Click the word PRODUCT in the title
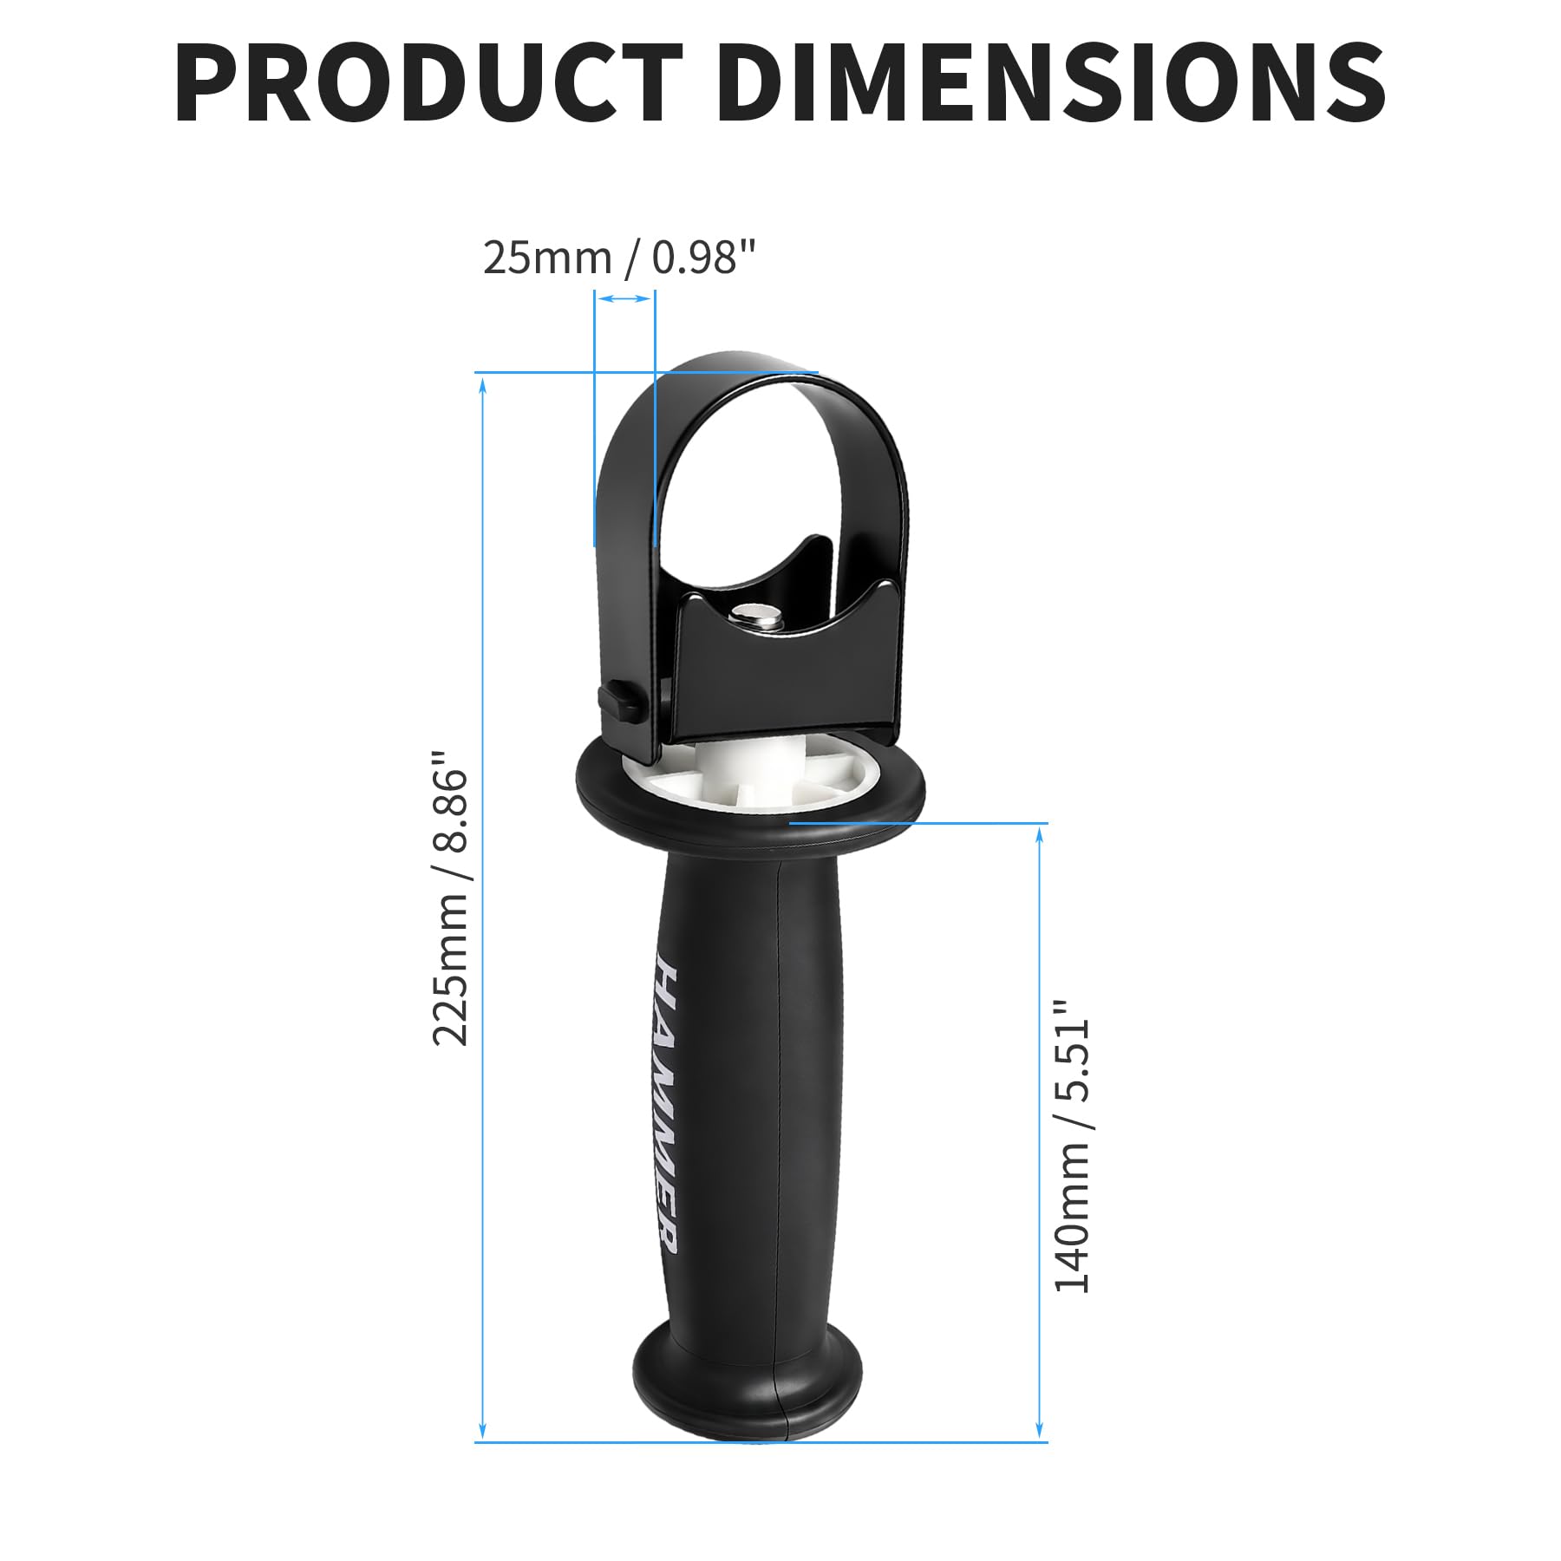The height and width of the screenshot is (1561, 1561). click(x=428, y=82)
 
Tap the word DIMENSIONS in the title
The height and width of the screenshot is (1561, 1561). click(x=1050, y=82)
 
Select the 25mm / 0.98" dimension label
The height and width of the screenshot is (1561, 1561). click(x=619, y=258)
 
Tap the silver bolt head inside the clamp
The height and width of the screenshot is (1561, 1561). click(x=755, y=616)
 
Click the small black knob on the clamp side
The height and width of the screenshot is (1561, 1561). click(x=619, y=701)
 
